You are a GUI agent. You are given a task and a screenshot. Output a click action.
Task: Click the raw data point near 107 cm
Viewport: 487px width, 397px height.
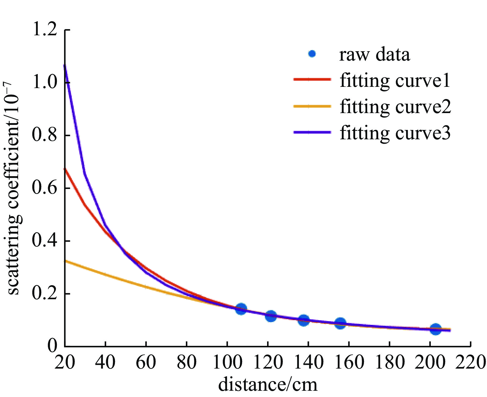click(241, 309)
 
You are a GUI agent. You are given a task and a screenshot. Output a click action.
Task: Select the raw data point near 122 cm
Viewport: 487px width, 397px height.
click(271, 316)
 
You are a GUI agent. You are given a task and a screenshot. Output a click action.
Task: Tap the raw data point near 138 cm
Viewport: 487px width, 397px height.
click(303, 320)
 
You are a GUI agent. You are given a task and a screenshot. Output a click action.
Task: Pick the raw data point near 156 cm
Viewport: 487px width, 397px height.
click(340, 323)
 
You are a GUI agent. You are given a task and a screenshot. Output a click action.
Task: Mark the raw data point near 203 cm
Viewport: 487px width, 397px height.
click(435, 329)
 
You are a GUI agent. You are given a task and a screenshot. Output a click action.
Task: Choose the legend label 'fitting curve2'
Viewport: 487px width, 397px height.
click(395, 107)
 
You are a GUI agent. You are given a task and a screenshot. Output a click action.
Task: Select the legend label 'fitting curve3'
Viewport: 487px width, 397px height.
click(395, 133)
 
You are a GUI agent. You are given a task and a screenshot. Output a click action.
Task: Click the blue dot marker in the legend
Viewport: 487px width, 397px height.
click(312, 54)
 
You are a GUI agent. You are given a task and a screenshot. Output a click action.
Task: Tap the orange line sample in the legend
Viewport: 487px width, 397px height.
click(312, 107)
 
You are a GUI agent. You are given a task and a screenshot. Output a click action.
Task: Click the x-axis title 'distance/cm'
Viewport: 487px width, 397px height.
click(268, 384)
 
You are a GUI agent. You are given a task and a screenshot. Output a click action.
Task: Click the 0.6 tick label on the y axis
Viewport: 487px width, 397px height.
click(45, 188)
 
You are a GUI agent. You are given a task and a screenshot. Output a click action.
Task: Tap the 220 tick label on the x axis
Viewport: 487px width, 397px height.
click(470, 362)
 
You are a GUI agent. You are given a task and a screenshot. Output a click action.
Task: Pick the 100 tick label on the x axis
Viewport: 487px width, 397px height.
click(227, 362)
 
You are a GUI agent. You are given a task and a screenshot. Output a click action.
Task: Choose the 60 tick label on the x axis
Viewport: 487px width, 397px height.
click(146, 362)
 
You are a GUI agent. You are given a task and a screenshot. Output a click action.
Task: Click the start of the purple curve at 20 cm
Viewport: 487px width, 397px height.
click(65, 66)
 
